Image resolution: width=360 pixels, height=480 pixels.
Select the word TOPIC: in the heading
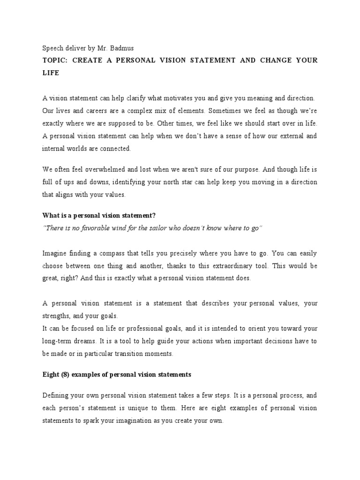point(55,60)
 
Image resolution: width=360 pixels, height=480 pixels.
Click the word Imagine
point(56,253)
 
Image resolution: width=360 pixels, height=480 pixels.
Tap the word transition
point(134,353)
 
